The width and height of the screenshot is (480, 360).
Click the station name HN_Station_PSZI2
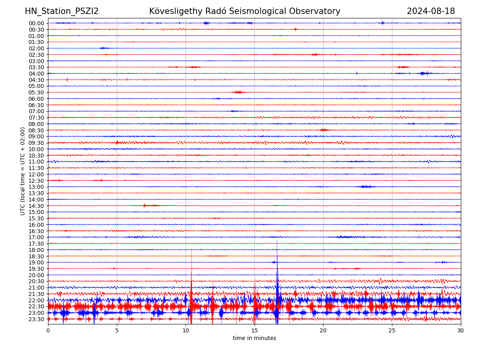coord(62,11)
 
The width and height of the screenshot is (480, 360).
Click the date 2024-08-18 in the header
coord(431,11)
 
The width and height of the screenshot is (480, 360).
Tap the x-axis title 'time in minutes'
coord(254,338)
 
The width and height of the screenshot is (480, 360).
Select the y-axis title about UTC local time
coord(23,171)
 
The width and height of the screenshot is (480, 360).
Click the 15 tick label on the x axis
coord(254,330)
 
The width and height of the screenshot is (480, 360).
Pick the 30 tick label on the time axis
coord(461,330)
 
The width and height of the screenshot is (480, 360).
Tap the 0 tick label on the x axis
coord(48,330)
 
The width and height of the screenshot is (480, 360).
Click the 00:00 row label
coord(36,23)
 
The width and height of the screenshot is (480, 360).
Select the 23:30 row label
coord(36,319)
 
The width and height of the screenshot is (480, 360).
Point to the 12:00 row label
coord(36,174)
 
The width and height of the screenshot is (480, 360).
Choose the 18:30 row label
coord(36,256)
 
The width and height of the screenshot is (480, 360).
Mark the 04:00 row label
coord(36,74)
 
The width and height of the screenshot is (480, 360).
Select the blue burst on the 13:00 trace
coord(366,187)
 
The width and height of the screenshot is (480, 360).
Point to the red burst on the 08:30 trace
coord(324,130)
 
